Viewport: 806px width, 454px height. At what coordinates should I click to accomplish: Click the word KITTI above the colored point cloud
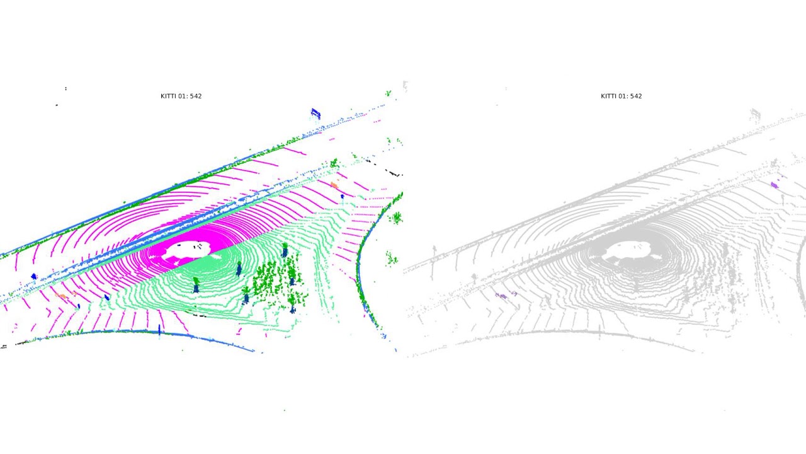pos(169,96)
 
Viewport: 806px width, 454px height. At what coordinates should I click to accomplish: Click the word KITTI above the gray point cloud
pos(609,96)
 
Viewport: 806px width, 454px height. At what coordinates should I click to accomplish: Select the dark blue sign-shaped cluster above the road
pos(315,113)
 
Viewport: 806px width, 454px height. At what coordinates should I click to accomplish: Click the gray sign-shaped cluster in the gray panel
pos(756,114)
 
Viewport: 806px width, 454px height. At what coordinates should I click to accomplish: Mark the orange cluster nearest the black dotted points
pos(334,185)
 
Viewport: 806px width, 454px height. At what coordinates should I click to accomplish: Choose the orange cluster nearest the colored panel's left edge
pos(61,295)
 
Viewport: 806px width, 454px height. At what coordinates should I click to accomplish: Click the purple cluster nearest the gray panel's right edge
pos(775,185)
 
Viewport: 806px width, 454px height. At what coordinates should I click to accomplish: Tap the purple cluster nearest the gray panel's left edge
pos(502,295)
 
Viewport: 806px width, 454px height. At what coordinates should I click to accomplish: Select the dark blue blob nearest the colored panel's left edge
pos(34,276)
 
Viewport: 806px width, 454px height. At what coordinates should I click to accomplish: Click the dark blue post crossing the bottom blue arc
pos(159,330)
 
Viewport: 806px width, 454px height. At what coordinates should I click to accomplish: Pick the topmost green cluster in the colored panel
pos(388,93)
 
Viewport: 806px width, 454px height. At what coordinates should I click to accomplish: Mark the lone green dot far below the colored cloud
pos(284,410)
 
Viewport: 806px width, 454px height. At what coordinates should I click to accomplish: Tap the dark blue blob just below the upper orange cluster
pos(343,196)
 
